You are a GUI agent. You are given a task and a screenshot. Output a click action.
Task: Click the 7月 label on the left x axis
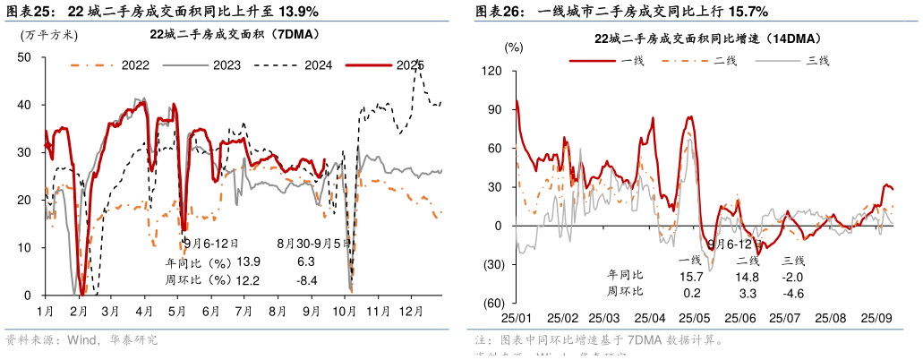pyautogui.click(x=242, y=311)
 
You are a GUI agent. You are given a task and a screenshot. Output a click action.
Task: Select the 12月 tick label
pyautogui.click(x=410, y=311)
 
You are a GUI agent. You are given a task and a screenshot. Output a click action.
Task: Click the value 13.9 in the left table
pyautogui.click(x=248, y=262)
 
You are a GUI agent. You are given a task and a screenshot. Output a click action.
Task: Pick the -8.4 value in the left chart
pyautogui.click(x=305, y=280)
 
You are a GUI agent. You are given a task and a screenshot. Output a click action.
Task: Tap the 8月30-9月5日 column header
pyautogui.click(x=313, y=243)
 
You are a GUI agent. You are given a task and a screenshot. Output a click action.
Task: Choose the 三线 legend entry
pyautogui.click(x=818, y=60)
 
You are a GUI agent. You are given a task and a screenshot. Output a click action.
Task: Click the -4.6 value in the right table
pyautogui.click(x=793, y=292)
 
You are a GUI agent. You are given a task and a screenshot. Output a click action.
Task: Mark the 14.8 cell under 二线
pyautogui.click(x=748, y=276)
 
